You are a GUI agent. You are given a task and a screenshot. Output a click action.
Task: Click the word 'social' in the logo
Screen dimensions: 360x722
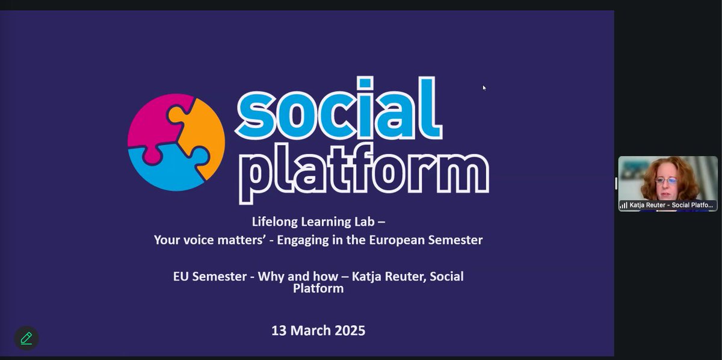(339, 108)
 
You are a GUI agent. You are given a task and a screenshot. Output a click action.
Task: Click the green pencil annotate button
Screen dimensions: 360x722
(26, 338)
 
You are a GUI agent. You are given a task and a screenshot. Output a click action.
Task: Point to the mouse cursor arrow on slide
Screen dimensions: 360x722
(484, 88)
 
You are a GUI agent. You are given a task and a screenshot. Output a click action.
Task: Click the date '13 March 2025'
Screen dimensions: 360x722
(318, 331)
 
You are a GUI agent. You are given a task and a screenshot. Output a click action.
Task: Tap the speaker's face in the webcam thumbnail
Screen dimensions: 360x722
(668, 181)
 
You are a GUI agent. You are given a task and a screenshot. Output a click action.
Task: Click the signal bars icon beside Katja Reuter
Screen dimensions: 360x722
(624, 205)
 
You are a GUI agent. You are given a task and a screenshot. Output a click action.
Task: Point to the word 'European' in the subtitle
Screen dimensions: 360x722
(409, 240)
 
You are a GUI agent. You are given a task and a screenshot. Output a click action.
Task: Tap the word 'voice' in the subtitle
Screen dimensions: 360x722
(196, 240)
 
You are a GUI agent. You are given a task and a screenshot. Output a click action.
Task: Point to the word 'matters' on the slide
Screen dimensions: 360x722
(236, 240)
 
